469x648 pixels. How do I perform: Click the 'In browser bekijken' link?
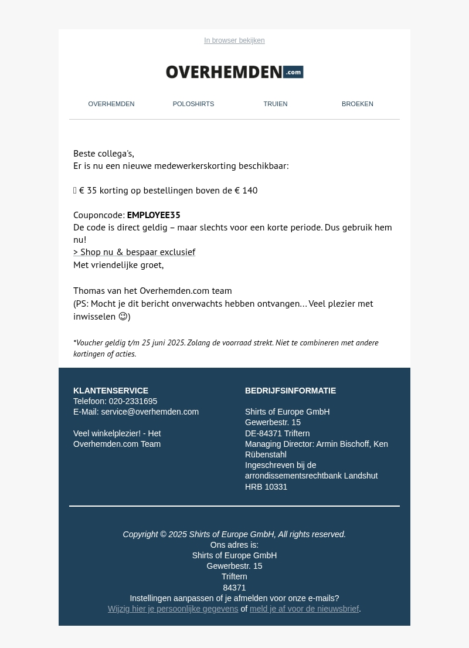coord(235,40)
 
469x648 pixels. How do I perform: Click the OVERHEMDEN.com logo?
coord(235,72)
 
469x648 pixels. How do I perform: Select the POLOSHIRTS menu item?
coord(193,104)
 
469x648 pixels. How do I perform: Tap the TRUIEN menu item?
coord(276,104)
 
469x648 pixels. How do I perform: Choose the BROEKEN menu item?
coord(358,104)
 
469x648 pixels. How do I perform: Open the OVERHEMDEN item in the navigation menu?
coord(111,104)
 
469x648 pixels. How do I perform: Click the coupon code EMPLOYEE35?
coord(154,215)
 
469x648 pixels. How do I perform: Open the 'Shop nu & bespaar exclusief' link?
coord(134,252)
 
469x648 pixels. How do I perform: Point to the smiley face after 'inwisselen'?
coord(123,317)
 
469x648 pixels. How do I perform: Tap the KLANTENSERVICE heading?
coord(111,391)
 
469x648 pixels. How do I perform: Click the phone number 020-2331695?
coord(132,402)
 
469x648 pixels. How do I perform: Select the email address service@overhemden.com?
coord(149,412)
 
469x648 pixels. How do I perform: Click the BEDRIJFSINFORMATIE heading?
coord(290,391)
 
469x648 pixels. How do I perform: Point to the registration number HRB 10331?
coord(266,487)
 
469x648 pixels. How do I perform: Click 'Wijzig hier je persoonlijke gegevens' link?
coord(173,609)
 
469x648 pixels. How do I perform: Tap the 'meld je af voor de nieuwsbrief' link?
coord(304,609)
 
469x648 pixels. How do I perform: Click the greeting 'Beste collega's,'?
coord(104,154)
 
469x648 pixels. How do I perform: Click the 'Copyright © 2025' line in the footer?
coord(234,534)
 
